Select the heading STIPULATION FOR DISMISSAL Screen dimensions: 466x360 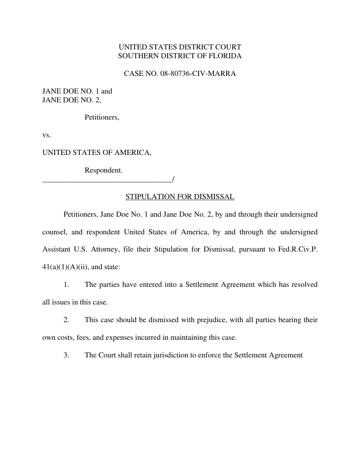pos(180,197)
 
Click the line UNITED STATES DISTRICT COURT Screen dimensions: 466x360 pos(180,47)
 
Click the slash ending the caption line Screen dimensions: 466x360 pos(174,179)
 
